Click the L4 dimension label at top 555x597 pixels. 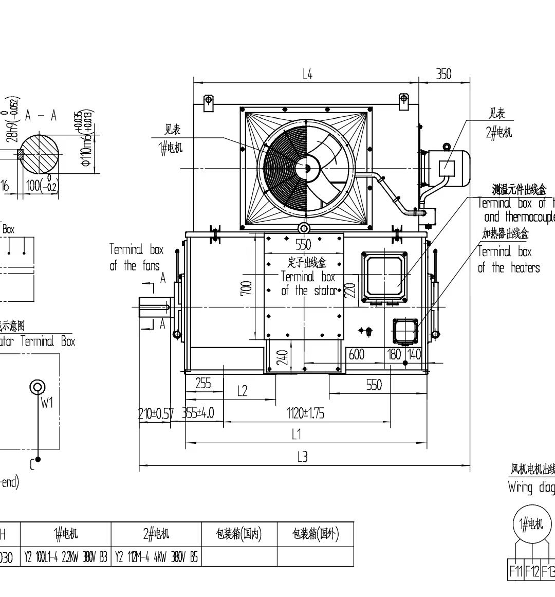coord(307,75)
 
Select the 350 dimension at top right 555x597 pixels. coord(443,75)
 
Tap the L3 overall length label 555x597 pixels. coord(302,457)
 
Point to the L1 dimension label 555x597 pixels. coord(296,435)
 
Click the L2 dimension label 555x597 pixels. coord(242,391)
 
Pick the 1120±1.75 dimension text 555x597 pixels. coord(305,413)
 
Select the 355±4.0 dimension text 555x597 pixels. coord(198,413)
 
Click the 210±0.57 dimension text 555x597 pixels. coord(156,413)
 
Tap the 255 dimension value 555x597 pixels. coord(203,384)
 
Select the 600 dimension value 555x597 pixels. coord(356,354)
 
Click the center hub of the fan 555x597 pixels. coord(306,168)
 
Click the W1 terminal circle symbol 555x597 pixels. coord(38,387)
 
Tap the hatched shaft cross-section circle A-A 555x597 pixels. coord(40,154)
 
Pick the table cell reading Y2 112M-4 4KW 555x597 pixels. coord(156,557)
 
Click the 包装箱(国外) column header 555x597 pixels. coord(315,534)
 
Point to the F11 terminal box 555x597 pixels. coord(515,571)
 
